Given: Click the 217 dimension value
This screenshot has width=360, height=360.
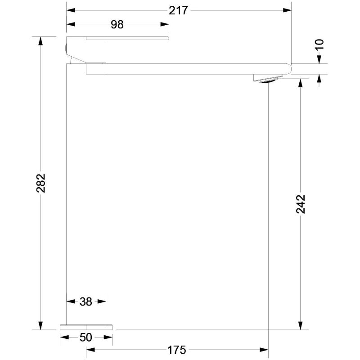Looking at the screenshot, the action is click(178, 10).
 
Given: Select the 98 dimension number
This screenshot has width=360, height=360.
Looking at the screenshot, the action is click(117, 24).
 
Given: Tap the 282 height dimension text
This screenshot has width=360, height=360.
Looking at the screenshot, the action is click(41, 183).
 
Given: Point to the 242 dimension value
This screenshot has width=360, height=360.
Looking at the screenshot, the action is click(300, 204).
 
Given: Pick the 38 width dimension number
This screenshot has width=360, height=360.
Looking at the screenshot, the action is click(86, 301).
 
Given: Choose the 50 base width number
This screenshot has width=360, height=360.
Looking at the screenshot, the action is click(86, 337).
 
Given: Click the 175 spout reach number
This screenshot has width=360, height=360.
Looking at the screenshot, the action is click(176, 350).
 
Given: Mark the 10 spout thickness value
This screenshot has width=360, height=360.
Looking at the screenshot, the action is click(319, 44).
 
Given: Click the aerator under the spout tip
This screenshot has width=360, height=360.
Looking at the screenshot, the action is click(268, 80).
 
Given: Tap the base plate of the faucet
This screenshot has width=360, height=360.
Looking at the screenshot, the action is click(86, 327).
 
